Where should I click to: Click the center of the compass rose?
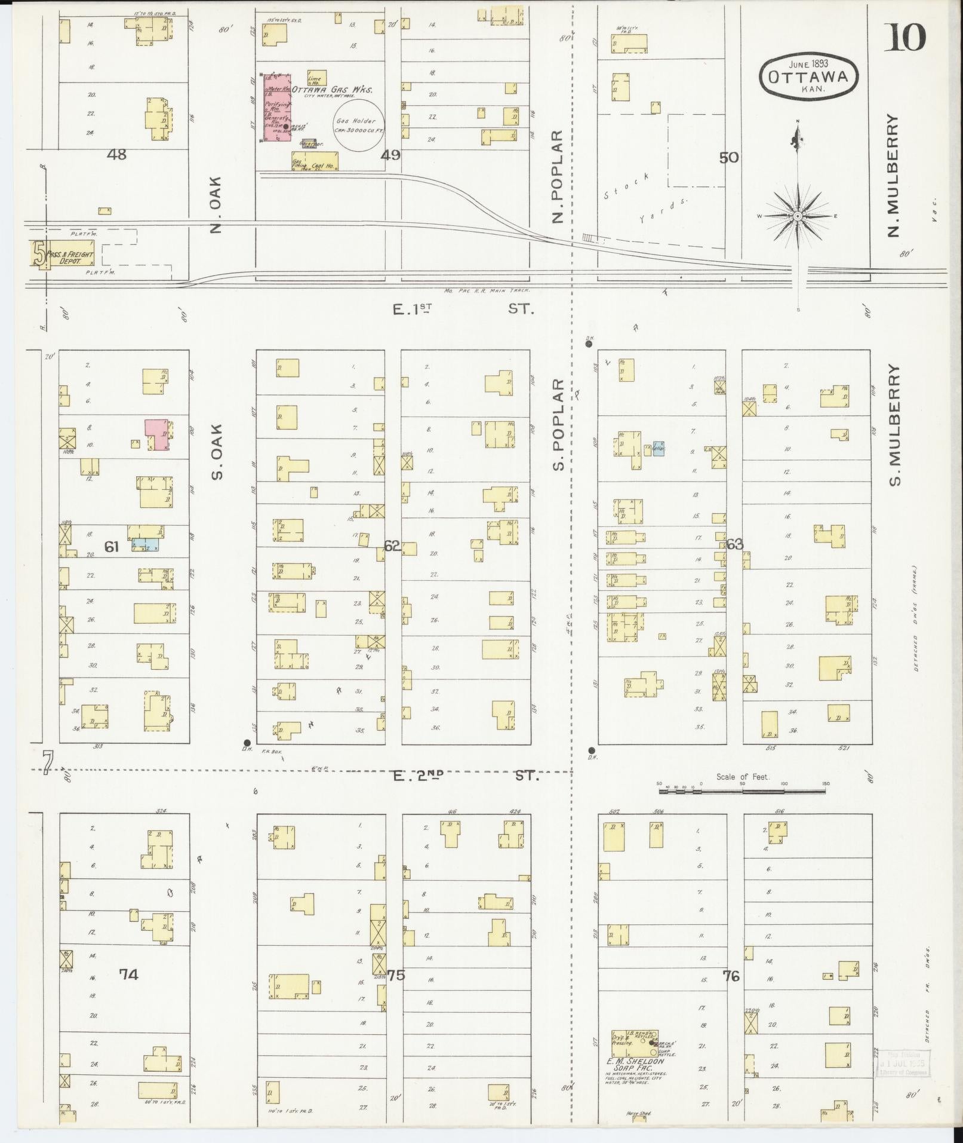(798, 216)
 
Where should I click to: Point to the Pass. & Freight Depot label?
(70, 258)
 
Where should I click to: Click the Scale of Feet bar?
(743, 790)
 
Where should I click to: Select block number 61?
(112, 546)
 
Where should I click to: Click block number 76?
(731, 976)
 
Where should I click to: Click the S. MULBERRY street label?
(894, 425)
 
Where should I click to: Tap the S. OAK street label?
(216, 451)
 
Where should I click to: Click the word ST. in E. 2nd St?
(527, 776)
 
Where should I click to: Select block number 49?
(390, 155)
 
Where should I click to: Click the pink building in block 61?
(156, 434)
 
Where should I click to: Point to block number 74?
(128, 975)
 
